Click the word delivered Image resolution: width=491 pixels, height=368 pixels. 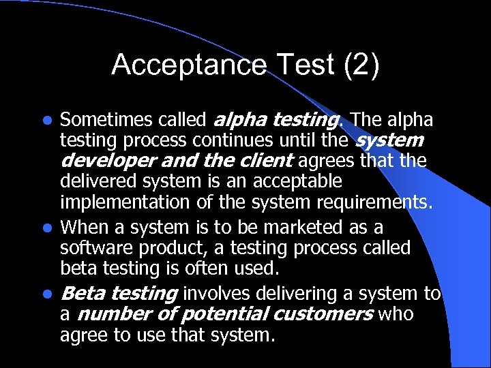point(93,182)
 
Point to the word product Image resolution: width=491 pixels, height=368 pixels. point(174,247)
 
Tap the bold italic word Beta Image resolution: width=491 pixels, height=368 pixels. point(83,294)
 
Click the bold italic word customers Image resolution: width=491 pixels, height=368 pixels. point(323,315)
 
